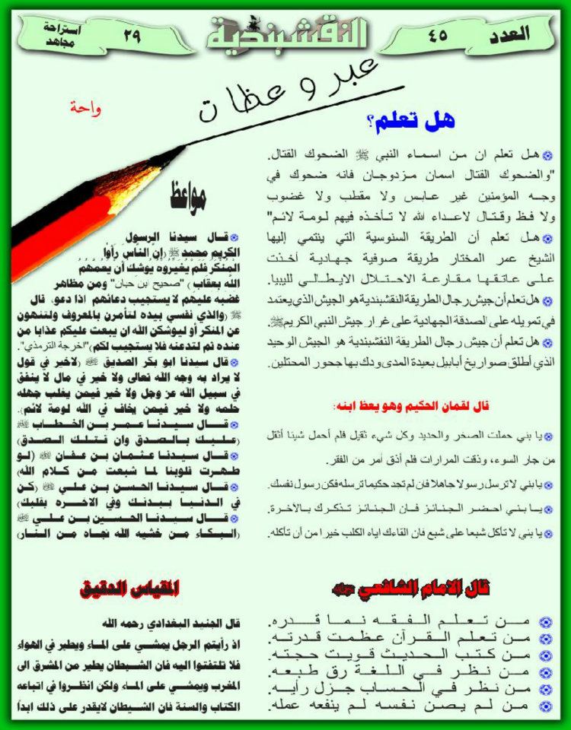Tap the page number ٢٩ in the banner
pyautogui.click(x=132, y=34)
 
